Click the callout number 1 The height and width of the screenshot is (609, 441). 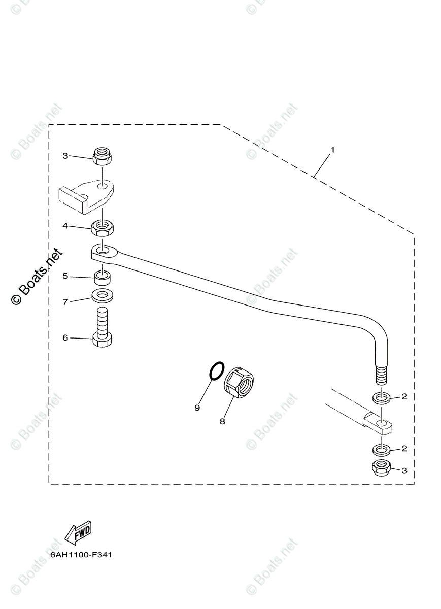pos(332,150)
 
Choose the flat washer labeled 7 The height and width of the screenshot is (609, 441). pos(103,295)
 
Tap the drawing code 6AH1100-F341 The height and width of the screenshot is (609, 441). pos(81,554)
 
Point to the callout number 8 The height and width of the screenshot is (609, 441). pos(222,421)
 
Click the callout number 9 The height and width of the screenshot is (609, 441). pos(197,408)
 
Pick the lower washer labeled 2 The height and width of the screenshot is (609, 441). pos(382,450)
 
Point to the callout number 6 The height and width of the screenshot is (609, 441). pos(65,337)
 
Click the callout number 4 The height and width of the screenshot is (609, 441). pos(65,226)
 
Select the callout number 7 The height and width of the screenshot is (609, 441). pos(65,301)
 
